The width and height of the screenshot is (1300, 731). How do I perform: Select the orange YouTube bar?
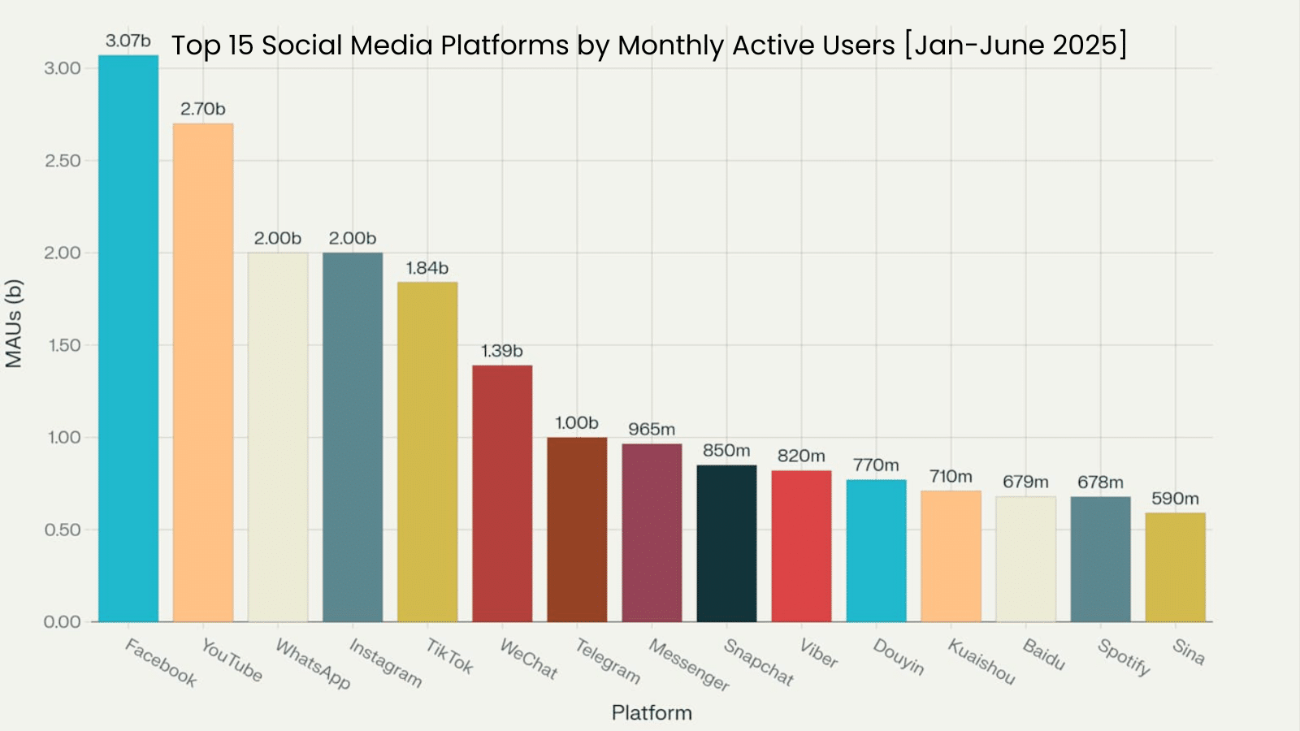click(203, 373)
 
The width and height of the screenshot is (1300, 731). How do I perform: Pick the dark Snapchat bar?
click(726, 543)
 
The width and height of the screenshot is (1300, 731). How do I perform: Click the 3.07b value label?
click(128, 41)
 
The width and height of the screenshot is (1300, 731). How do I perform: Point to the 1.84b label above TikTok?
click(427, 268)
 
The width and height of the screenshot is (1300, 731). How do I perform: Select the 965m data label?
click(652, 429)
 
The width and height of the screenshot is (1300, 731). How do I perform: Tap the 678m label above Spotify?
click(1100, 482)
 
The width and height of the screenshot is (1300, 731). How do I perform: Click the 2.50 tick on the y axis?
click(63, 161)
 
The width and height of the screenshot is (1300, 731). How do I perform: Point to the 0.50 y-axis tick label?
click(63, 530)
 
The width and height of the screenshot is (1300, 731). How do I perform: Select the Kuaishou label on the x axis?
click(981, 661)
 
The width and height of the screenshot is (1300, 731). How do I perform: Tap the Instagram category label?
click(385, 663)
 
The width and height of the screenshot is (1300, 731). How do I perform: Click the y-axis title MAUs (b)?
click(14, 323)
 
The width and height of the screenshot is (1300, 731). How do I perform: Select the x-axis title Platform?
click(652, 712)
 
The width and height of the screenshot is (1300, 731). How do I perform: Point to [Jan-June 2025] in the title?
click(1016, 45)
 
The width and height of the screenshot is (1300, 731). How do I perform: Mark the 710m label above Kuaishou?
click(951, 477)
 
